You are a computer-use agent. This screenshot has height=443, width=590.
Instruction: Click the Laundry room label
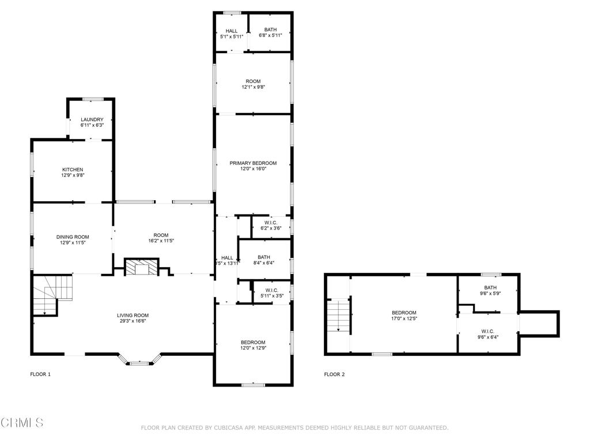pos(92,119)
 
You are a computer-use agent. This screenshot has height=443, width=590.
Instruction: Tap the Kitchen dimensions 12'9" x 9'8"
pos(73,175)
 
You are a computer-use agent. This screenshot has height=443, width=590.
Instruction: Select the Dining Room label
pos(73,237)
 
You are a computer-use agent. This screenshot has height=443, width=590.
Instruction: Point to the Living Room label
pos(133,316)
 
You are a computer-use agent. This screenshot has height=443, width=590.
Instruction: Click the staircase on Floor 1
pos(51,294)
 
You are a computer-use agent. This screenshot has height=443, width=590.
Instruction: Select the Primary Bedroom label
pos(253,163)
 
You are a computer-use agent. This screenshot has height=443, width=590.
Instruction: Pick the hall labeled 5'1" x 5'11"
pos(232,31)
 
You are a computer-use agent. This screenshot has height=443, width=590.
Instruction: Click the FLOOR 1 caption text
pos(40,374)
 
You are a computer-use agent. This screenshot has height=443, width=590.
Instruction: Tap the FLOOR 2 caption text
pos(334,374)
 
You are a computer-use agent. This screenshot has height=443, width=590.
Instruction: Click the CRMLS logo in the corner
pos(21,423)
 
